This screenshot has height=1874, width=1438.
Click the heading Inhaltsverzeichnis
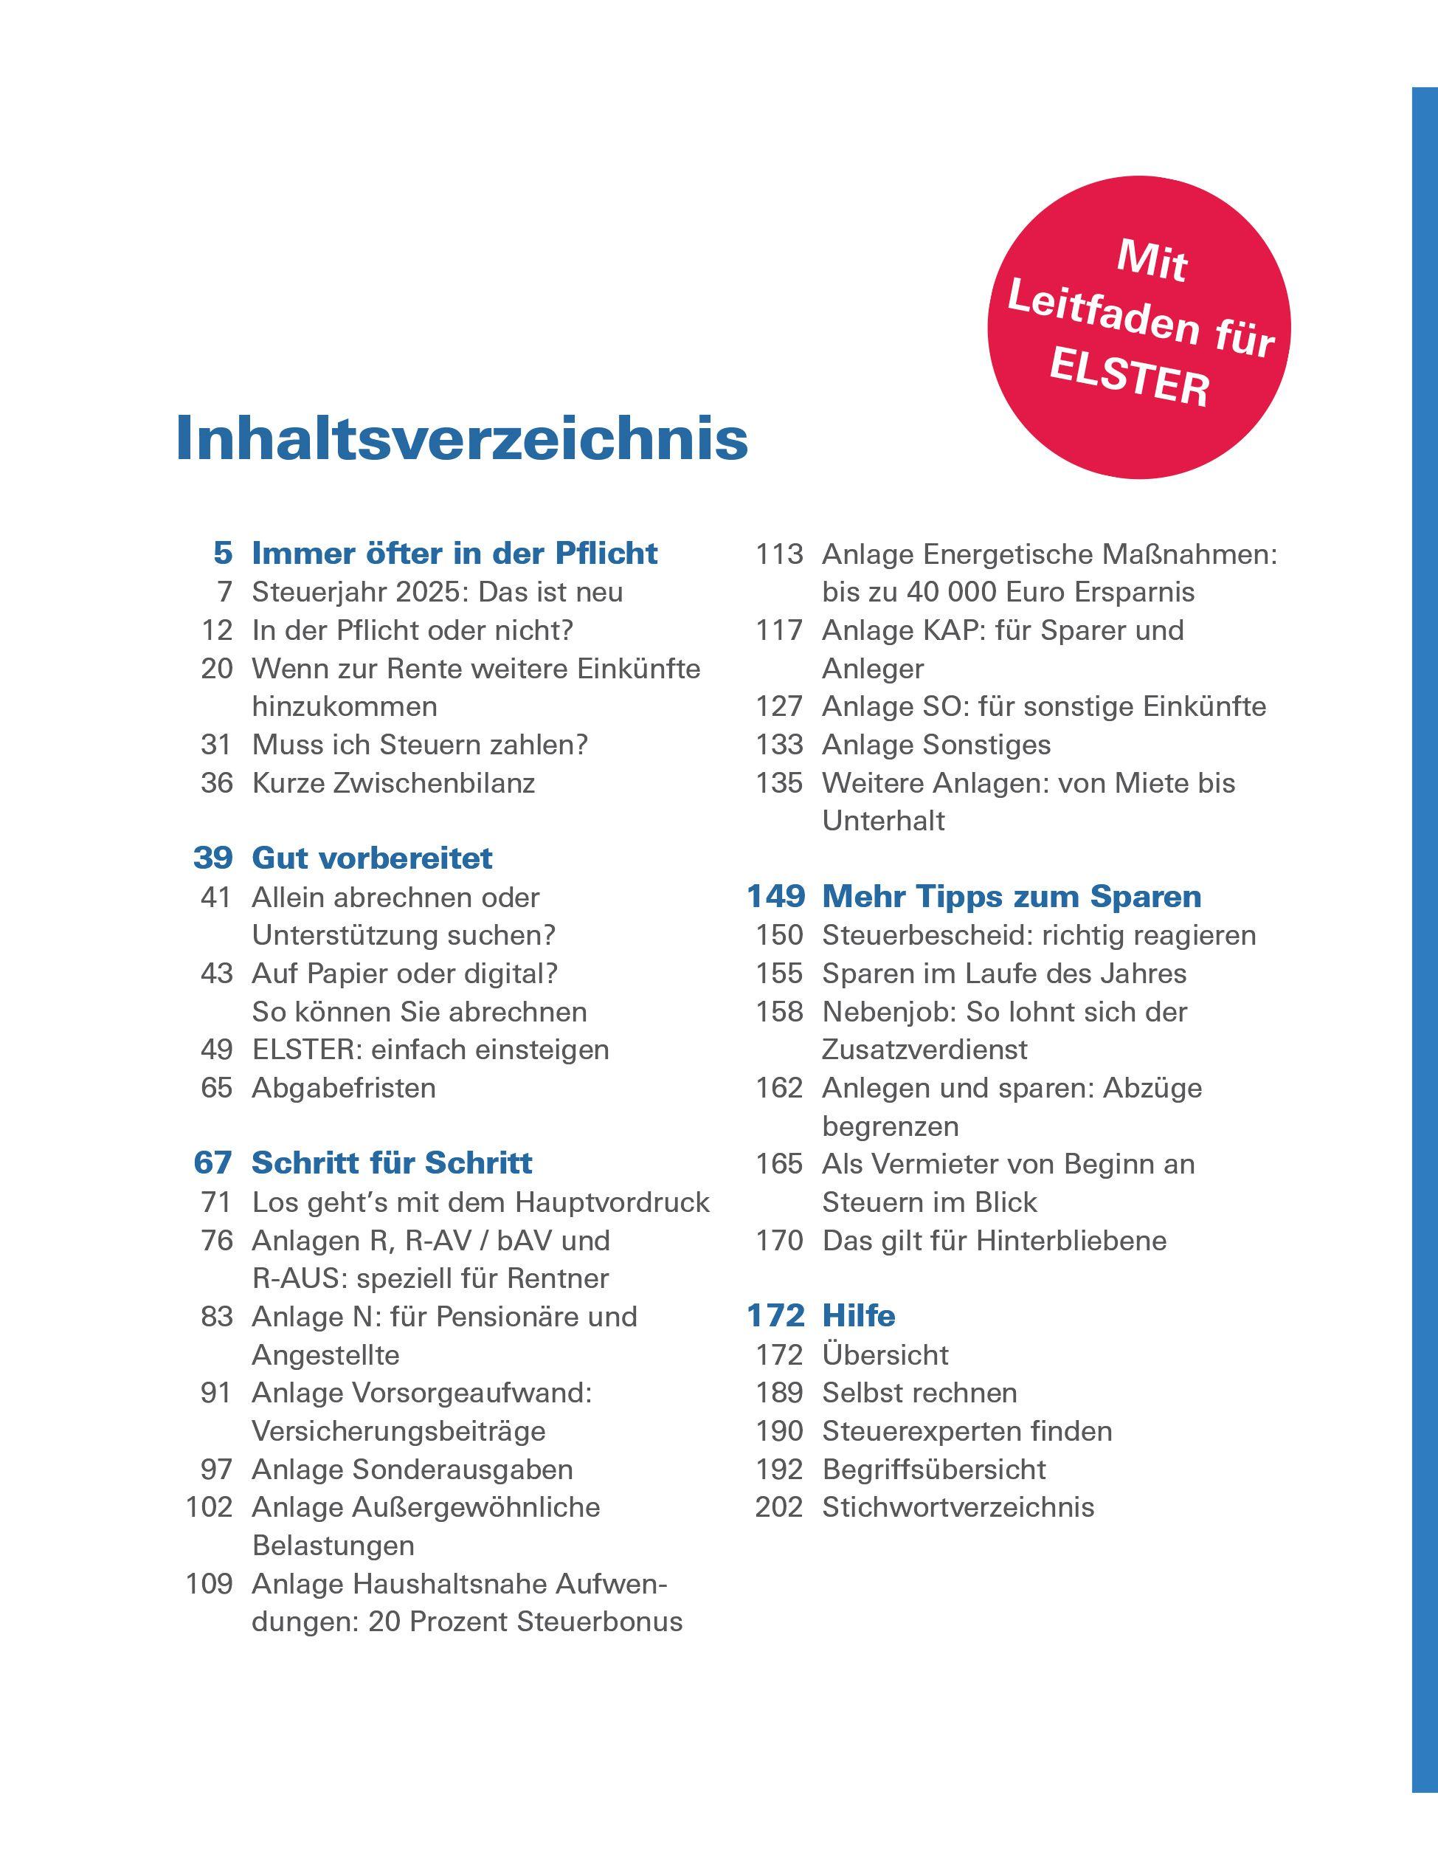[x=461, y=439]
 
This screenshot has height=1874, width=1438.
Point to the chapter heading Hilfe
[x=859, y=1315]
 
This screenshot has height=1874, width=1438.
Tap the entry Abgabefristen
[x=343, y=1087]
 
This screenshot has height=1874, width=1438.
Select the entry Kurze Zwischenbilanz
[x=393, y=782]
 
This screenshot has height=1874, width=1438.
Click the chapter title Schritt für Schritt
[x=391, y=1162]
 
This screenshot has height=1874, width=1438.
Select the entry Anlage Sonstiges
[x=936, y=745]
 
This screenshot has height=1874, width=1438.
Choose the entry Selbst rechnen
[x=919, y=1393]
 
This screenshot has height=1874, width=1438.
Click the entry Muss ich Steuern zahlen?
[x=419, y=745]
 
